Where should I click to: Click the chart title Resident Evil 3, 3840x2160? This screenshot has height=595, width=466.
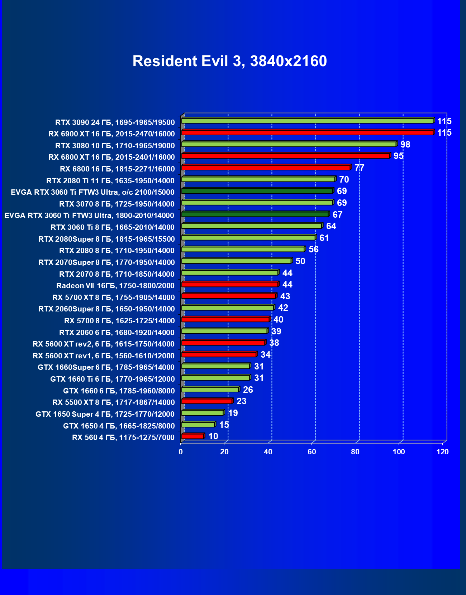click(229, 61)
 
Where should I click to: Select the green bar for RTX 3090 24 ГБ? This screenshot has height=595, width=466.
click(307, 121)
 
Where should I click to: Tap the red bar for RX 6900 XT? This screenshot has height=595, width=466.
click(307, 132)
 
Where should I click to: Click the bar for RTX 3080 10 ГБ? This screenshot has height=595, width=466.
click(289, 144)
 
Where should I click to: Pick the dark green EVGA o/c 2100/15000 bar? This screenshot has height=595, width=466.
click(257, 191)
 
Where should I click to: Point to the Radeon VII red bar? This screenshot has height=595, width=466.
click(229, 284)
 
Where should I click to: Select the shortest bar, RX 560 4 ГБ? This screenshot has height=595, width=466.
click(192, 436)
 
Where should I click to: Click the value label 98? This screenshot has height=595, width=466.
click(405, 144)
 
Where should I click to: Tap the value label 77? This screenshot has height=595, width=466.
click(359, 168)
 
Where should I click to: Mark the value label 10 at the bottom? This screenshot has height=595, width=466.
click(213, 436)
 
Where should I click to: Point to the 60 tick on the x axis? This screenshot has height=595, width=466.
click(312, 452)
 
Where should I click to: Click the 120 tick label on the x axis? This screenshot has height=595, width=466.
click(442, 452)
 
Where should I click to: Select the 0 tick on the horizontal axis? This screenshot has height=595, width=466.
click(181, 452)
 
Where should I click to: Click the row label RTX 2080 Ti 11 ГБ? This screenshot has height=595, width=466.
click(110, 180)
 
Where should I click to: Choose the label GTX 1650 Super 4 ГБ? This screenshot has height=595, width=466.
click(105, 414)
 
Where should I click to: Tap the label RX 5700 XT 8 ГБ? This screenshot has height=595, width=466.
click(113, 297)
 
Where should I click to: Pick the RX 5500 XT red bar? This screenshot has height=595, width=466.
click(207, 401)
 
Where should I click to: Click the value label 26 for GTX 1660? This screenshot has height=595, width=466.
click(248, 390)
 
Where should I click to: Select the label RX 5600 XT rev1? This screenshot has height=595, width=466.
click(104, 355)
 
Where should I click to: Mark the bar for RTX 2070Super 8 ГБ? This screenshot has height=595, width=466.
click(236, 261)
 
